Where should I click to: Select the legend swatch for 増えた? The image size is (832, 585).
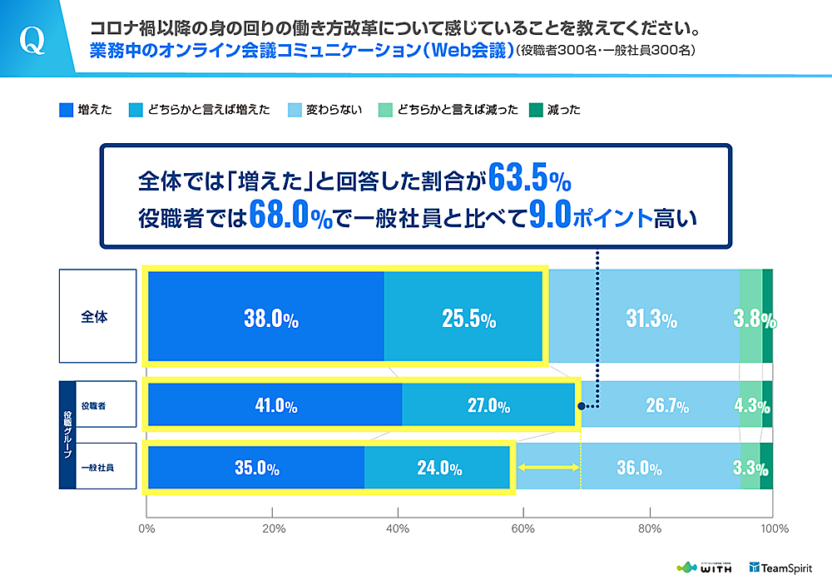[x=66, y=109]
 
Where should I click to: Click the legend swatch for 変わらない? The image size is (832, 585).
[x=295, y=109]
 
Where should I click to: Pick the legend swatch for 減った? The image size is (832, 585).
[x=537, y=109]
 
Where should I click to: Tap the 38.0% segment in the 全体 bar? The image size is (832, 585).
[x=266, y=317]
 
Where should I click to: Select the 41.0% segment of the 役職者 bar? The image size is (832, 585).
[x=275, y=405]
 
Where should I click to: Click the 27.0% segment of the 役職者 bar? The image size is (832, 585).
[x=488, y=405]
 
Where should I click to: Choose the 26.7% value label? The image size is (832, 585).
[x=666, y=406]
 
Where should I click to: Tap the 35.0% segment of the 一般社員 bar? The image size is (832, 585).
[x=256, y=468]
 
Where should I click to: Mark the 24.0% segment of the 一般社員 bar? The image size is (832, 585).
[x=438, y=468]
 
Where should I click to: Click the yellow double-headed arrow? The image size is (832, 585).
[x=549, y=468]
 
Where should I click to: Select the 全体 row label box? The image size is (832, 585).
[x=97, y=316]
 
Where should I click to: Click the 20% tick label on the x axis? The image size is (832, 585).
[x=273, y=528]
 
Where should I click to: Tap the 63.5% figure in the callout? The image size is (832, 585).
[x=529, y=177]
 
